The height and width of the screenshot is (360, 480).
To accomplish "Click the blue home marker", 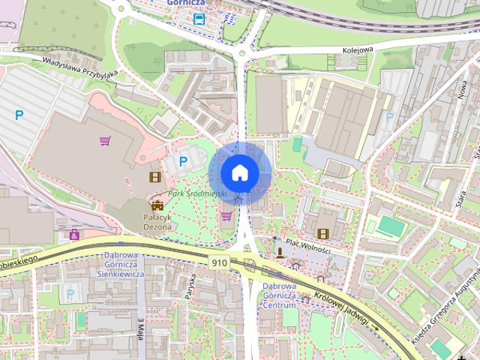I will point(239,172).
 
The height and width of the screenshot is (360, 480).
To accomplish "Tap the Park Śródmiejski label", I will point(198,193).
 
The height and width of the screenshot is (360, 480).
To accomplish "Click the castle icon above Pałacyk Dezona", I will point(157,205).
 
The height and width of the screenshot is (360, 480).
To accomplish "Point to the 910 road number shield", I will point(220,262).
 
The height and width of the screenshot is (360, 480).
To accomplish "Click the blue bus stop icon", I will point(198,19).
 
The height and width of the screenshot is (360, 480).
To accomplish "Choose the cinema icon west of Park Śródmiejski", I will point(154,177).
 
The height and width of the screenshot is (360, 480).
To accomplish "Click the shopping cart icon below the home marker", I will point(226,216).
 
